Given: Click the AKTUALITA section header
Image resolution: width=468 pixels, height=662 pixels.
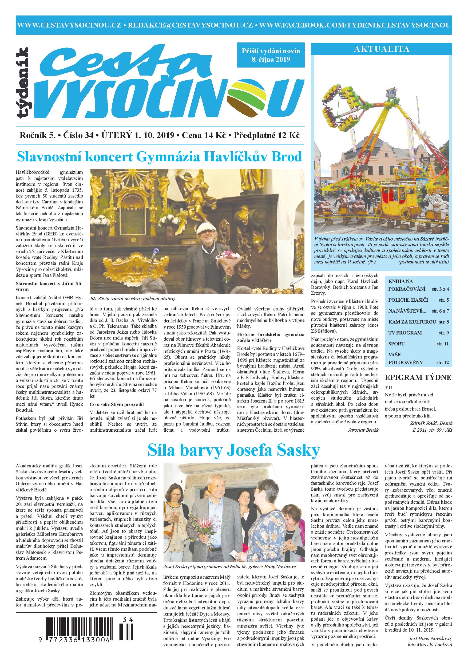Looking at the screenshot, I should tap(382, 49).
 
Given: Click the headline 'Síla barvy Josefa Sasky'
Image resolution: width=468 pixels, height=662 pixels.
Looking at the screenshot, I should tap(234, 450).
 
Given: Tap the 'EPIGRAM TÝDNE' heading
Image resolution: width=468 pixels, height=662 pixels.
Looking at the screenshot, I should tap(418, 378).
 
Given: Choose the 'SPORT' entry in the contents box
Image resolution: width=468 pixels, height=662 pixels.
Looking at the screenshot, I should tap(396, 344).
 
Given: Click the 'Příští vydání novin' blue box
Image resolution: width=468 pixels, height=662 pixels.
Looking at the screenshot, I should tap(271, 55).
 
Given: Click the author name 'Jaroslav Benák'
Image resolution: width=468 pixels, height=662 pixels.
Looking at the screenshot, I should tap(364, 429).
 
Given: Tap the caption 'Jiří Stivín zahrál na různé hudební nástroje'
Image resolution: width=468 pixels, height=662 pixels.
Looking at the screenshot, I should tap(133, 298).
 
